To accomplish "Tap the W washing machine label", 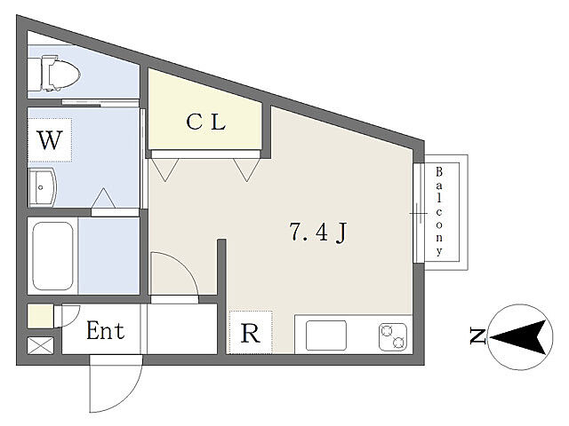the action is pos(50,140).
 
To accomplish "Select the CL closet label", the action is pos(205,122).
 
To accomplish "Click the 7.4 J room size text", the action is pos(318,233).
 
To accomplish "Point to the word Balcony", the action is pos(439,211).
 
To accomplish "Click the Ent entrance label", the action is pos(105,330).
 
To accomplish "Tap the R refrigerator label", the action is pos(251,334).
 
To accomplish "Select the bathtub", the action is pos(53,256).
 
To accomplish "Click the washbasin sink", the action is pos(43,187).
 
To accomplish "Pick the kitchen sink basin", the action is pos(326,335).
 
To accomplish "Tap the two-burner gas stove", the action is pos(393,337).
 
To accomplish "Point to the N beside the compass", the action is pos(477,335).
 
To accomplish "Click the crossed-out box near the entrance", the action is pos(40,345).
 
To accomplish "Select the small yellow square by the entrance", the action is pos(40,317).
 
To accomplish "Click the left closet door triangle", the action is pos(165,170).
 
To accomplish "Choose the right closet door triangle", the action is pos(247,170).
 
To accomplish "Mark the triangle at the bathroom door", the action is pos(103,198).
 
